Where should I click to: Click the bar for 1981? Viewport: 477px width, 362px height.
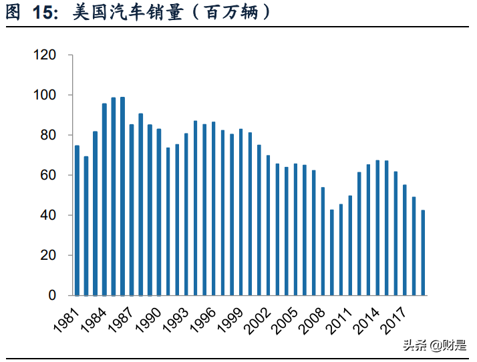77,220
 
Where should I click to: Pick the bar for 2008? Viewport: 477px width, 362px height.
323,241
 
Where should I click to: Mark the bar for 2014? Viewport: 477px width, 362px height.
378,228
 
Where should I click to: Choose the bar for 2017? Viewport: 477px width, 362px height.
405,240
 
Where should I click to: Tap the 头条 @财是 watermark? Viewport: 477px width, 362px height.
434,345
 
